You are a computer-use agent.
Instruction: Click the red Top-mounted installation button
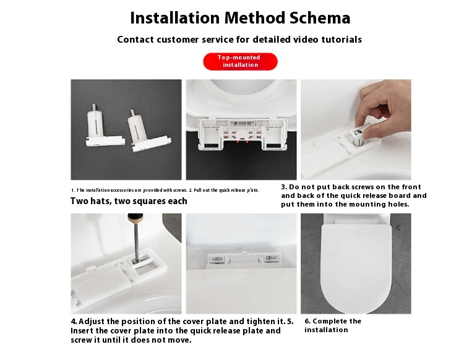point(241,61)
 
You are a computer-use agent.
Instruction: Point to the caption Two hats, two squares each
point(128,201)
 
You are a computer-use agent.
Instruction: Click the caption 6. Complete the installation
point(333,325)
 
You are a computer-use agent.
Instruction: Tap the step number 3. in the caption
point(284,187)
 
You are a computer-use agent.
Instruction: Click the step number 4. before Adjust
point(74,322)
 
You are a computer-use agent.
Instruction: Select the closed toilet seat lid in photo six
point(356,263)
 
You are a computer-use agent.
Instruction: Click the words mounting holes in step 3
point(379,204)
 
